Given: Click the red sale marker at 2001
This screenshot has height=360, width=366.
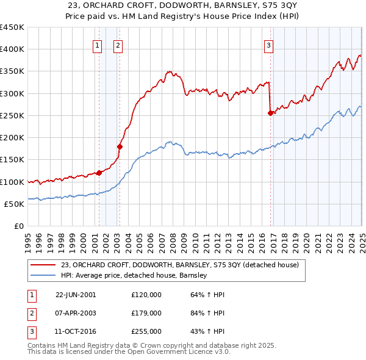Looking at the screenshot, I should coord(99,173).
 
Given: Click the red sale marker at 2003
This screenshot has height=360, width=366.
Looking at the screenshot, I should coord(120,146).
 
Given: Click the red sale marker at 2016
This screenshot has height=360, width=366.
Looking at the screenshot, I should coord(270,113).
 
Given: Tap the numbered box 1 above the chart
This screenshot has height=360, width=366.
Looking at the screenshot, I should coord(97,45).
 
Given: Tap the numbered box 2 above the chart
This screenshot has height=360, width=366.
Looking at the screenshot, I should coord(118,45).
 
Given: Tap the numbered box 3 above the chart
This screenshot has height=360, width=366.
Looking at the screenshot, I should coord(268,45).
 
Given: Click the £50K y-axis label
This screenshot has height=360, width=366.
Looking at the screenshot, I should coord(15,204).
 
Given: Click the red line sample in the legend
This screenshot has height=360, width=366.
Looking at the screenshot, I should coord(42,265).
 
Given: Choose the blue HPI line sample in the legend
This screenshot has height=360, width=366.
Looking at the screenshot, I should coord(42,276).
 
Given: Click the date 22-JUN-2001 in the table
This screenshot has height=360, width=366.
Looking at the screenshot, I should coord(76,294).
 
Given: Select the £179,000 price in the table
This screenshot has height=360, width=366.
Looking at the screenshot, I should coord(146,313).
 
